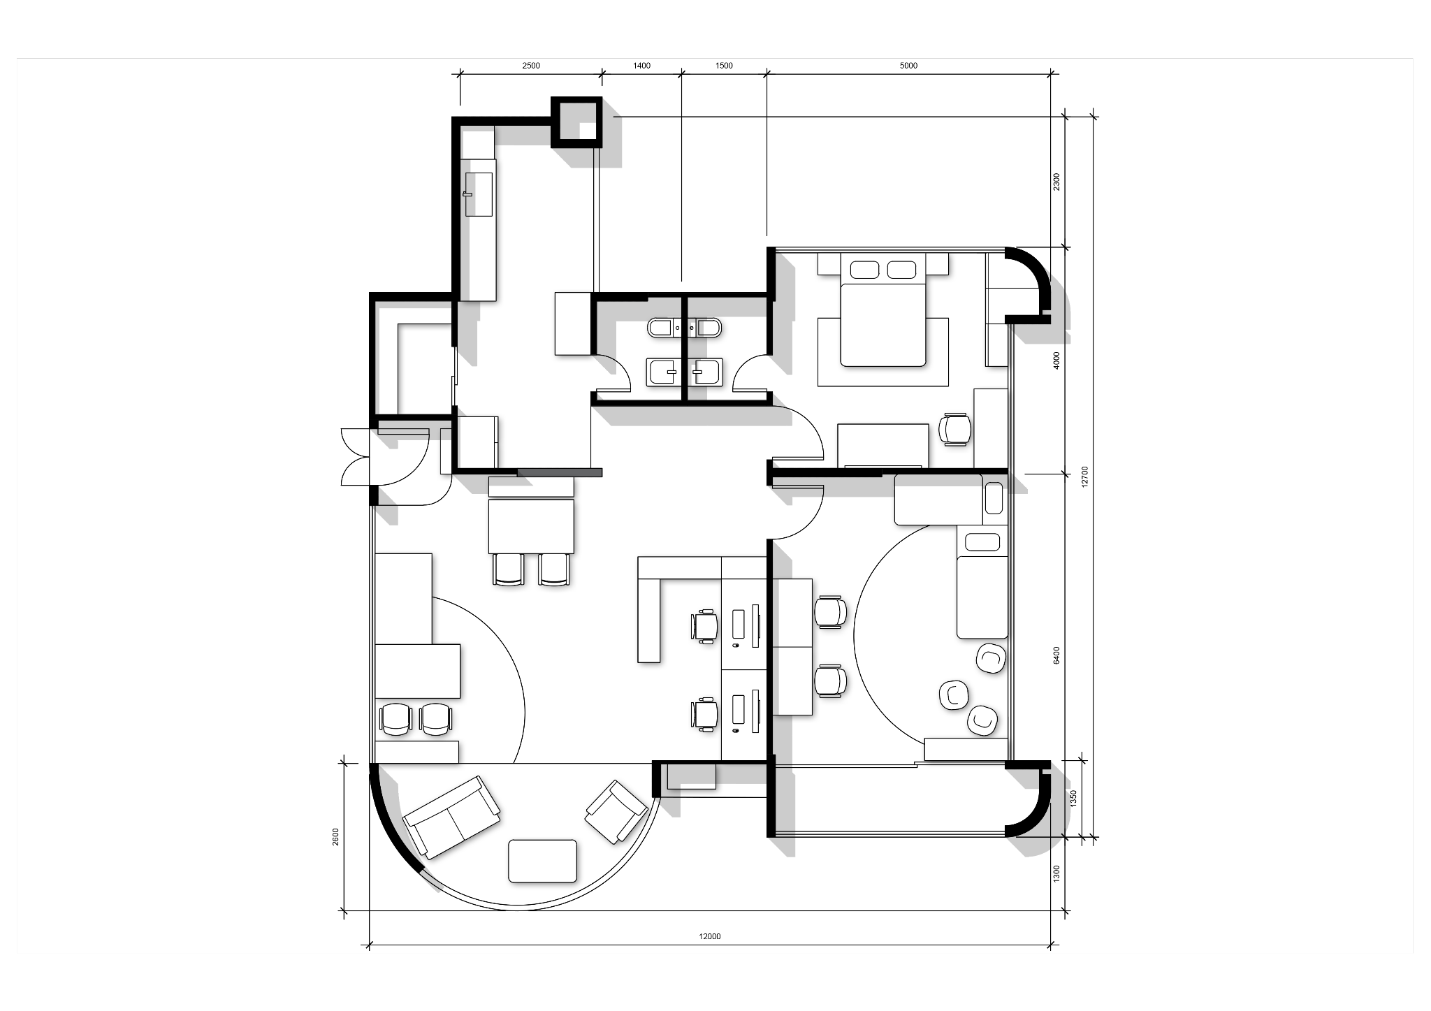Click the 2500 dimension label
(x=531, y=66)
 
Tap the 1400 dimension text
(x=641, y=66)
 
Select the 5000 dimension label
(x=908, y=66)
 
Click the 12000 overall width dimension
(x=710, y=937)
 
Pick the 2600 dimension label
(x=335, y=836)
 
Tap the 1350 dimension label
(x=1074, y=799)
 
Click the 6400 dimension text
(x=1056, y=655)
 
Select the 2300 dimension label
(x=1056, y=182)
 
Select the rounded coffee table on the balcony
(x=543, y=861)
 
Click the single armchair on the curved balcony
(x=616, y=811)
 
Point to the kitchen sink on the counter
(x=478, y=194)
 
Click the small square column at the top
(x=577, y=122)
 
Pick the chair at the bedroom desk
(x=955, y=428)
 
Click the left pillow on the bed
(x=864, y=270)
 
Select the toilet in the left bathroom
(x=660, y=327)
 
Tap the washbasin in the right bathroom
(x=706, y=372)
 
